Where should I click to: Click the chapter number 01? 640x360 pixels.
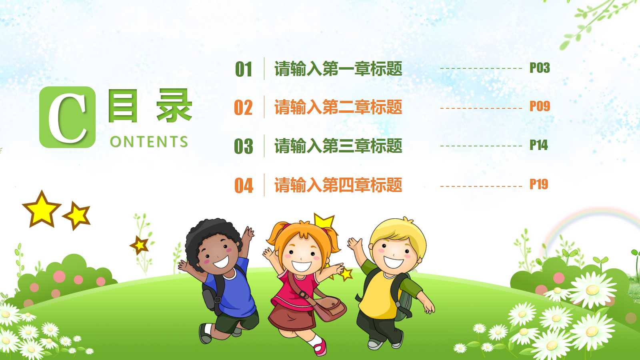coord(244,69)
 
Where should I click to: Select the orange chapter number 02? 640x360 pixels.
coord(243,108)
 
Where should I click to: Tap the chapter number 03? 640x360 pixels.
coord(244,146)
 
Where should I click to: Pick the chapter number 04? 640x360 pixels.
coord(244,186)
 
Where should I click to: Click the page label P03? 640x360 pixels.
coord(540,68)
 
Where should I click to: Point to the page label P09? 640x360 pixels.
coord(540,106)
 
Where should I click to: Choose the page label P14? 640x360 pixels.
coord(538,145)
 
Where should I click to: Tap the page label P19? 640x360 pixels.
coord(538,184)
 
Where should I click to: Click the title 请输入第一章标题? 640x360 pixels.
coord(338,69)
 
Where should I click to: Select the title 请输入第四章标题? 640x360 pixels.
coord(338,185)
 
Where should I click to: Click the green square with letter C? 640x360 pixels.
coord(67,117)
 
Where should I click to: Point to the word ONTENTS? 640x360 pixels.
coord(149,142)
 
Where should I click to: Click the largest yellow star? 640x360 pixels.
coord(41,209)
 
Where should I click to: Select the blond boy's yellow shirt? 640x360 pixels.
coord(378,296)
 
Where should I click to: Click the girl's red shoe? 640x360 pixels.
coord(320,348)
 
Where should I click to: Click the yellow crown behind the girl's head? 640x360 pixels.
coord(324,221)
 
